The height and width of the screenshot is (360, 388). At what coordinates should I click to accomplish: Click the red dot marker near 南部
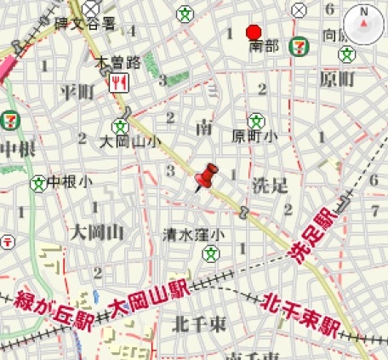(253, 32)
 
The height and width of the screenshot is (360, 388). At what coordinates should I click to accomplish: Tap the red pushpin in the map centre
(206, 178)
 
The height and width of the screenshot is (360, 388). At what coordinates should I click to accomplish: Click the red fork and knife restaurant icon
(120, 83)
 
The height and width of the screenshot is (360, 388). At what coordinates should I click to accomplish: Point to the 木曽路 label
(117, 62)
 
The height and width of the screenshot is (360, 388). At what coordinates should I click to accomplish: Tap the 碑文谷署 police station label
(85, 24)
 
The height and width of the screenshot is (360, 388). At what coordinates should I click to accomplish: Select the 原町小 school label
(254, 136)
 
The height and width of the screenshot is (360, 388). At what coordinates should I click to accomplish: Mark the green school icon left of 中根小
(37, 182)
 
